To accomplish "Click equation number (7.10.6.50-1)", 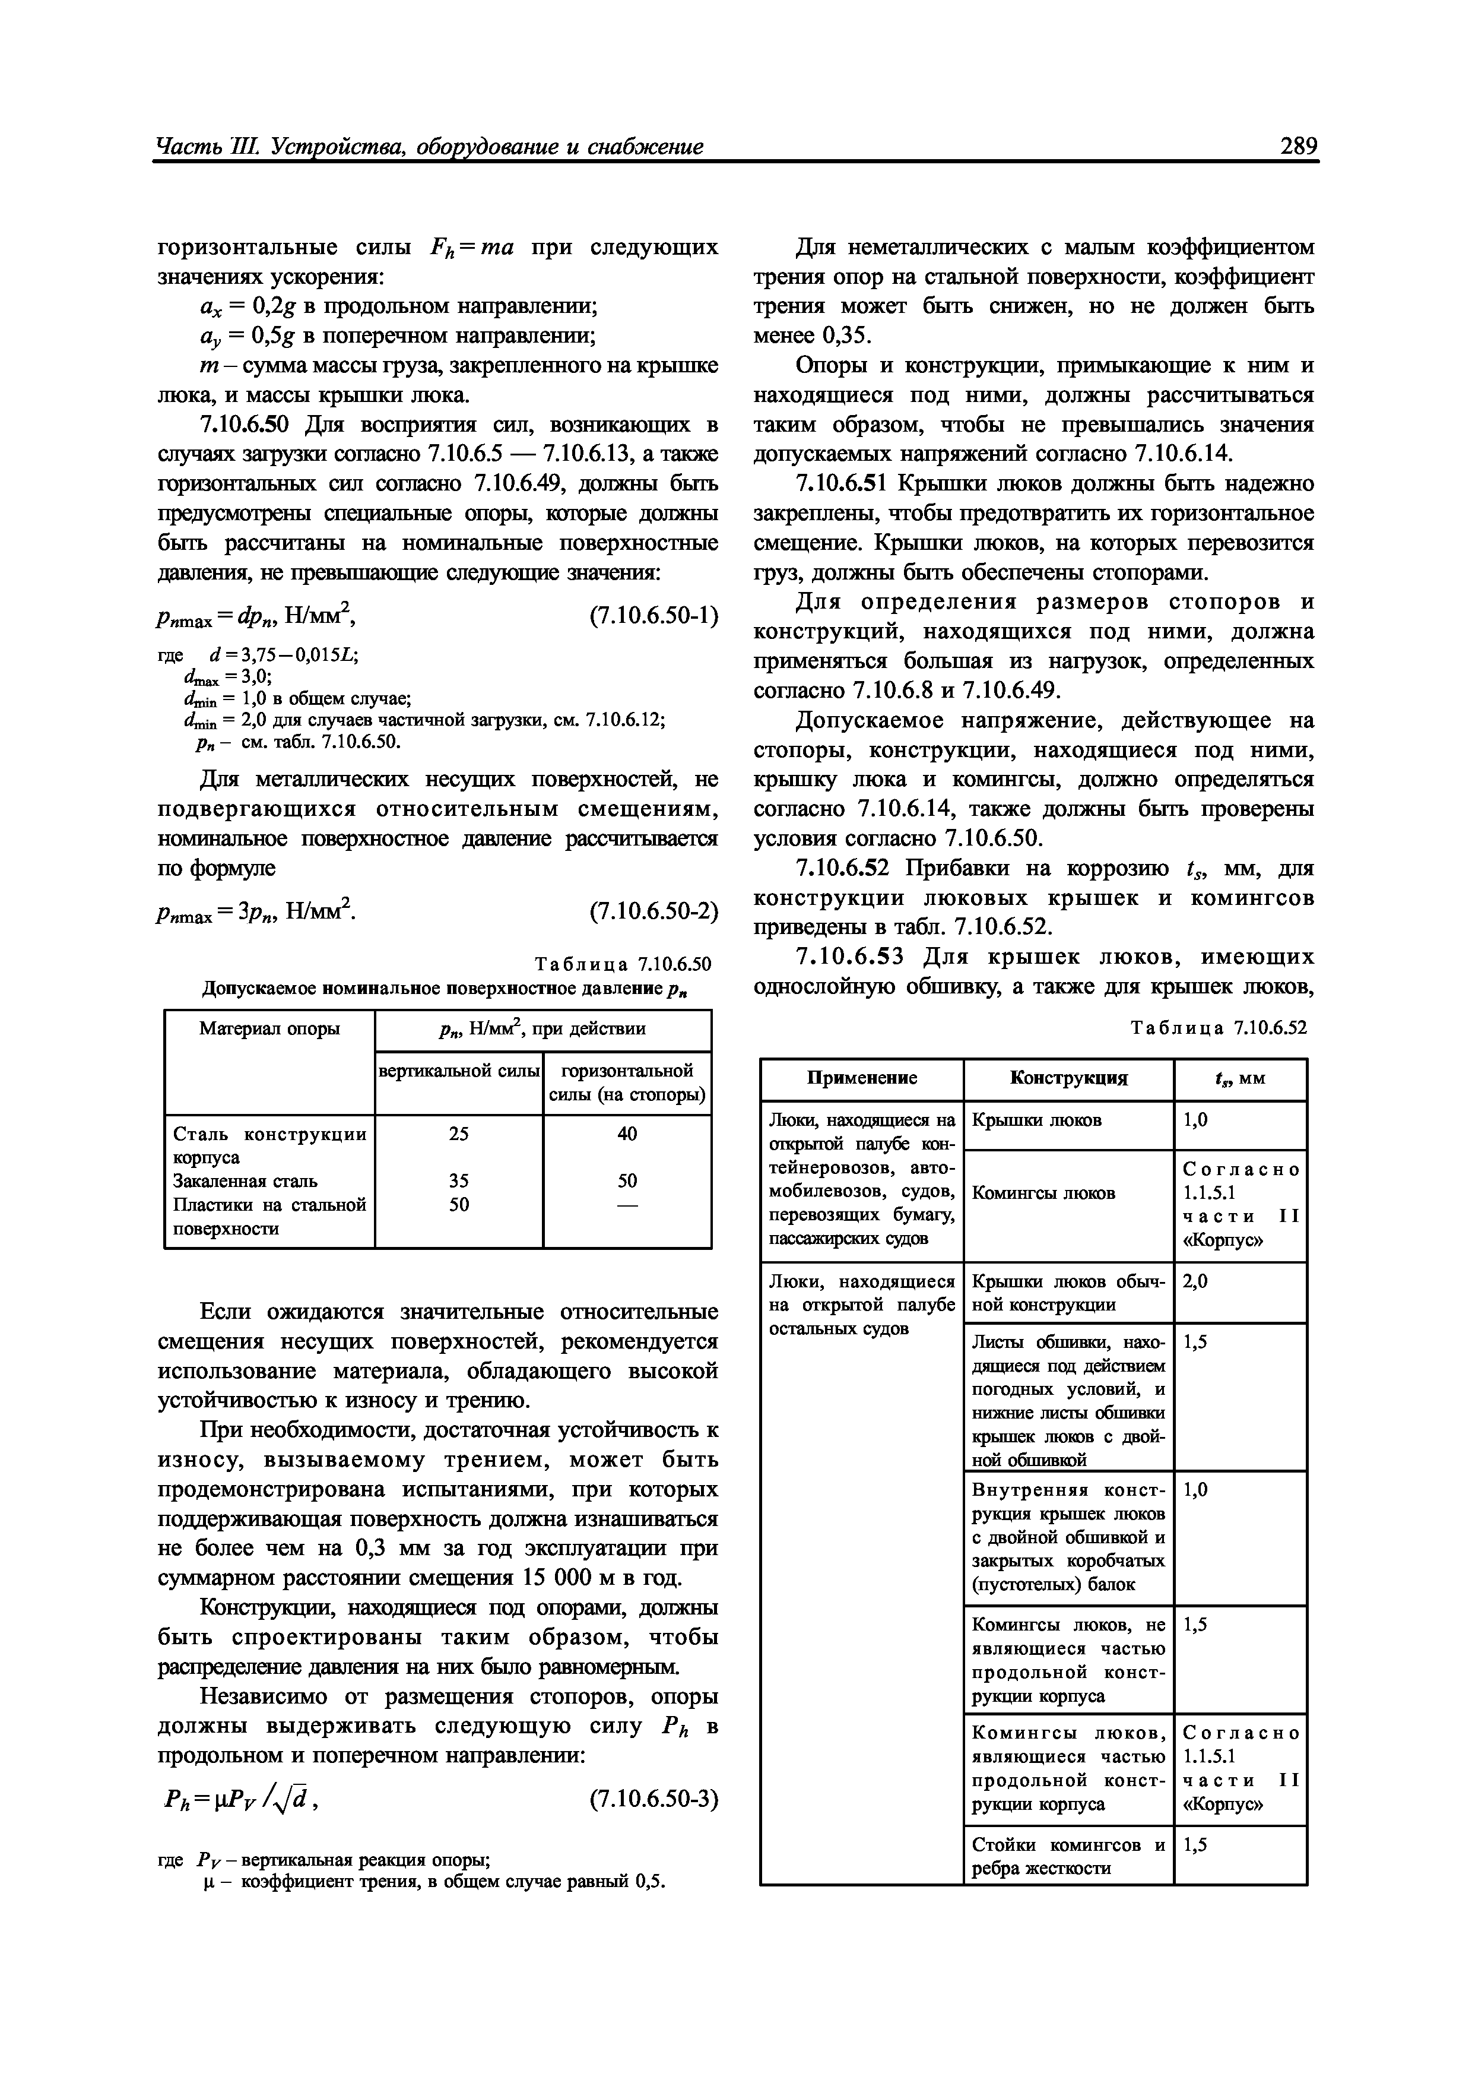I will [653, 617].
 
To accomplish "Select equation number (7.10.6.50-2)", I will [653, 911].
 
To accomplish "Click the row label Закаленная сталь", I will [245, 1180].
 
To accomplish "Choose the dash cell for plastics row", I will [627, 1205].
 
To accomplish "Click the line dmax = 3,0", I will [227, 677].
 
